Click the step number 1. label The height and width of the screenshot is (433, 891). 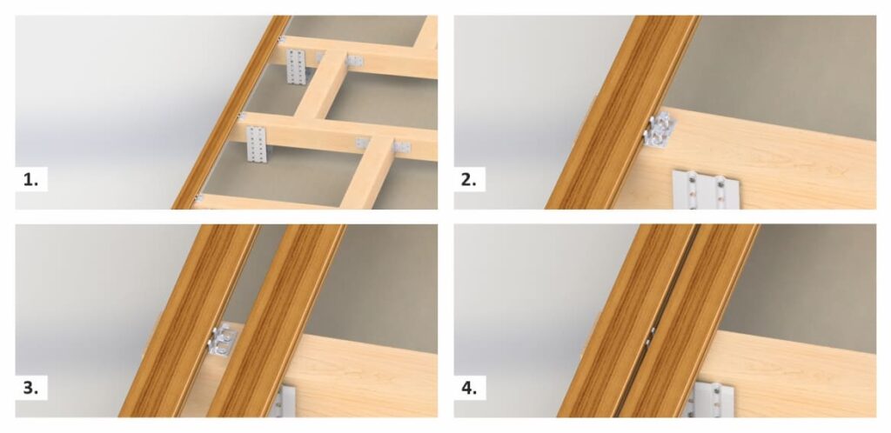tap(30, 180)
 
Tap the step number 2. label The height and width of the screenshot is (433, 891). tap(469, 180)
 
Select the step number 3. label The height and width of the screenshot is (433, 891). tap(30, 388)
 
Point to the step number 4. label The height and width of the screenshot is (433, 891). tap(469, 388)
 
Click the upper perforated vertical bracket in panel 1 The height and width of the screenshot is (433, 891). tap(297, 66)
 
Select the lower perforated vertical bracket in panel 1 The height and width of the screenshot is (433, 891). tap(257, 143)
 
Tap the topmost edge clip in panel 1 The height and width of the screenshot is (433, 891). tap(281, 39)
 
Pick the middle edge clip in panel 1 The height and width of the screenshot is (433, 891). tap(242, 117)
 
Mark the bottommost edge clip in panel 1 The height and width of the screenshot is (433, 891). tap(199, 198)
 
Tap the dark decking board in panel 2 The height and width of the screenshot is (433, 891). tap(622, 112)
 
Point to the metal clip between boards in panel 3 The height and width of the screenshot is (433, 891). tap(223, 341)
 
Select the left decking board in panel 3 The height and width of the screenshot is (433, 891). tap(189, 321)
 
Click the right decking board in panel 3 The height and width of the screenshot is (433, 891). tap(277, 321)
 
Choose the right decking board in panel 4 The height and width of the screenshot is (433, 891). tap(687, 321)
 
